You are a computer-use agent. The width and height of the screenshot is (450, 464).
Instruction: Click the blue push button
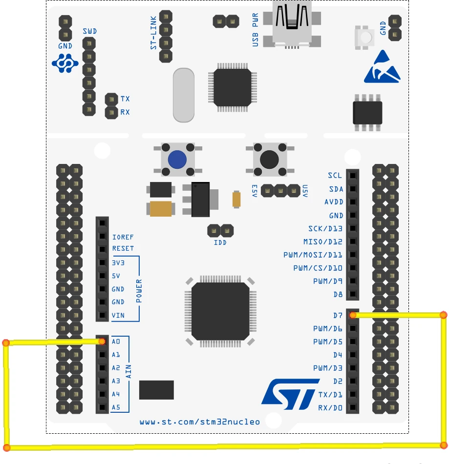(x=177, y=160)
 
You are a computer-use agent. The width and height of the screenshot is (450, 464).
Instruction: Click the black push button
(x=270, y=159)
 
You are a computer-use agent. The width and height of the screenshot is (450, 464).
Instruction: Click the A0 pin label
(x=116, y=342)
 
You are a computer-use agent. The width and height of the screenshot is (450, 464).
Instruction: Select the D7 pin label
(x=338, y=316)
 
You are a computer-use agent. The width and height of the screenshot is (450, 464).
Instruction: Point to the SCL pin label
(x=335, y=176)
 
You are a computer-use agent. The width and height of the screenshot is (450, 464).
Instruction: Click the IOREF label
(x=123, y=237)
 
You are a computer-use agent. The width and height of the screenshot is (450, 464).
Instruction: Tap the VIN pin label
(x=118, y=315)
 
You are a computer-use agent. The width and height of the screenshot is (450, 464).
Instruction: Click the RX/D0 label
(x=330, y=407)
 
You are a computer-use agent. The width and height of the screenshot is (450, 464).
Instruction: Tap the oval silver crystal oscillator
(x=183, y=95)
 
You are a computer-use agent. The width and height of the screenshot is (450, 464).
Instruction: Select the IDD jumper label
(x=220, y=242)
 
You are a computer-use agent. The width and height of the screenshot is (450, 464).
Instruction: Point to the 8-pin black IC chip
(x=367, y=113)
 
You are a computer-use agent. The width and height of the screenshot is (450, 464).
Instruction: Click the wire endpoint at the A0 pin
(x=102, y=342)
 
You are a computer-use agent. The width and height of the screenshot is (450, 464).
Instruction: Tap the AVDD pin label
(x=334, y=202)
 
